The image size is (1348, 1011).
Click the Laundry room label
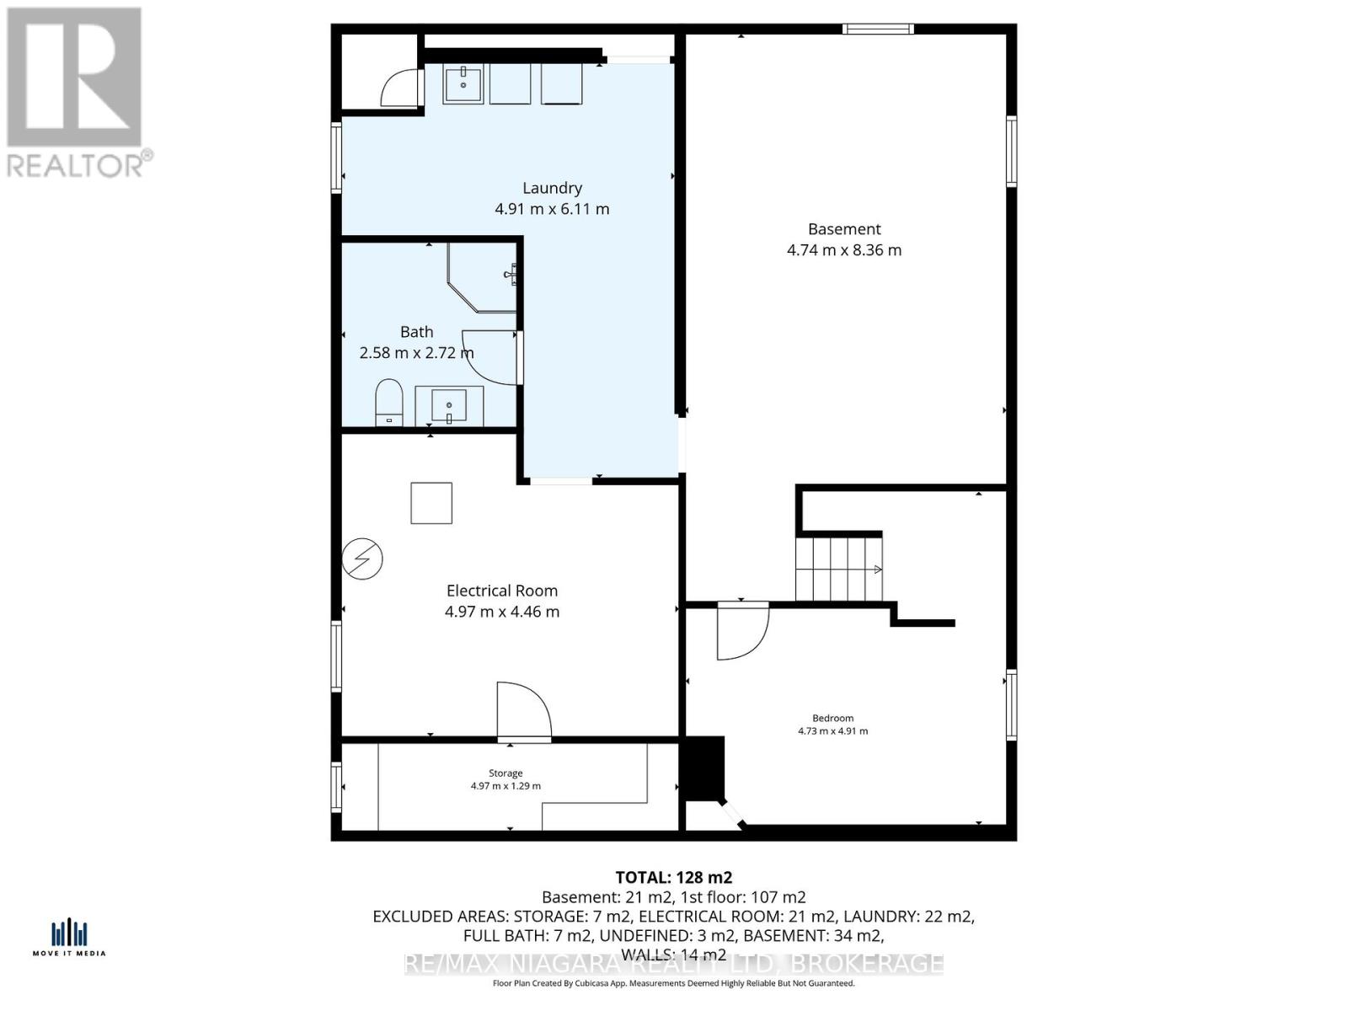click(x=552, y=188)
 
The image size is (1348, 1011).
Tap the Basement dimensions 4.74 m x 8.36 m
click(x=844, y=250)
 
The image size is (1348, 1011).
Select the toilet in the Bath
click(x=388, y=403)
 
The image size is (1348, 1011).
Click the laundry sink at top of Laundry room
click(x=463, y=85)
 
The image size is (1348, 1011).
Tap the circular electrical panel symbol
click(x=362, y=559)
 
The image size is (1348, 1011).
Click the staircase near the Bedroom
click(x=838, y=569)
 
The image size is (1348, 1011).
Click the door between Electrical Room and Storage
click(x=522, y=713)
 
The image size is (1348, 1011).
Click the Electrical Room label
click(x=502, y=591)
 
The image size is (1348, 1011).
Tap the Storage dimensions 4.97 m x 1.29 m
click(x=505, y=786)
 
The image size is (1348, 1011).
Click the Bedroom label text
click(x=832, y=719)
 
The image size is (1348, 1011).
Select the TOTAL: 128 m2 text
click(x=668, y=877)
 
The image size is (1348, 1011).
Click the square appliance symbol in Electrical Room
click(x=431, y=503)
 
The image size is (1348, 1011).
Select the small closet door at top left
click(x=400, y=88)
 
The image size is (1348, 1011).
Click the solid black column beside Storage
click(x=703, y=768)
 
